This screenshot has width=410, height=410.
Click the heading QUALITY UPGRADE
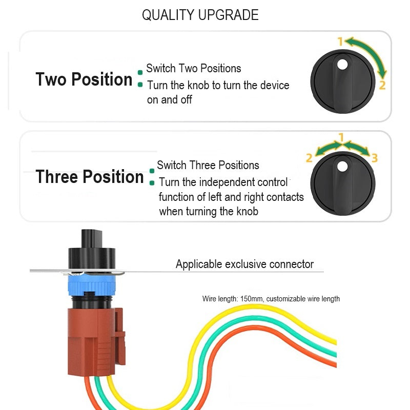click(200, 15)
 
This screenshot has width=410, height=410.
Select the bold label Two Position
click(84, 79)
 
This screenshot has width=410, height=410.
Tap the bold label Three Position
click(90, 177)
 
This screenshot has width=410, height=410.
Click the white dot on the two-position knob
click(342, 65)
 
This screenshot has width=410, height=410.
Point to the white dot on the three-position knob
click(342, 166)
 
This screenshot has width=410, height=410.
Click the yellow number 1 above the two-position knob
click(340, 42)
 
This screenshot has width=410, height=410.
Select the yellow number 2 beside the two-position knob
click(382, 85)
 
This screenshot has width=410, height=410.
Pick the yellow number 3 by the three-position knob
click(375, 158)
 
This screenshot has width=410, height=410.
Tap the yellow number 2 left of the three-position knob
click(309, 158)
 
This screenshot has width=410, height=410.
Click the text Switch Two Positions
click(194, 69)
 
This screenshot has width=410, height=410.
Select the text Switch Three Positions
click(208, 165)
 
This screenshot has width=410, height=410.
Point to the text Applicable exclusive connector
click(244, 264)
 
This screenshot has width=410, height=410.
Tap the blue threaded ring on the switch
click(92, 285)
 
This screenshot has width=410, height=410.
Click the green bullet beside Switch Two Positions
click(140, 72)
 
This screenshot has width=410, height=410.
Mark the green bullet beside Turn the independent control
click(152, 183)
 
